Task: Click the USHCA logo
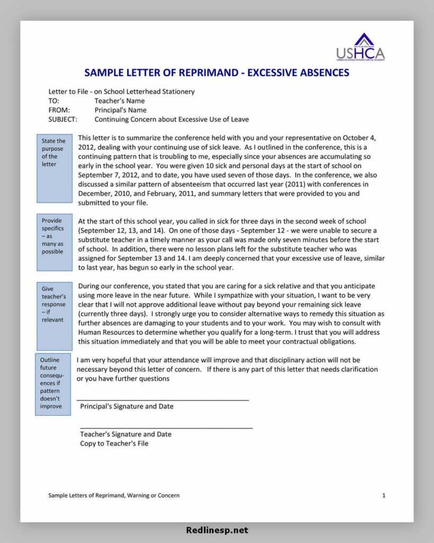click(360, 48)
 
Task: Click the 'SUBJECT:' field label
click(63, 119)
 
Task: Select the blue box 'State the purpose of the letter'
click(54, 168)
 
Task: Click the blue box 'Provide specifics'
click(54, 242)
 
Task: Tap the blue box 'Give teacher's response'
click(54, 316)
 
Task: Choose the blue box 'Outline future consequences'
click(52, 384)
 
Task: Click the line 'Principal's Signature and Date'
click(127, 406)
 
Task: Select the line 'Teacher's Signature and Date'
click(126, 434)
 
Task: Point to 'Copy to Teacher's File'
click(114, 443)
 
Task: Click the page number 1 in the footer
click(384, 495)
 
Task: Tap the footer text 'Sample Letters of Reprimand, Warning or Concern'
click(113, 495)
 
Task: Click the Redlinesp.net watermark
click(217, 530)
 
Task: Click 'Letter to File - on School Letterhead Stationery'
click(121, 91)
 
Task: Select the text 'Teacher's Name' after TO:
click(119, 101)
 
